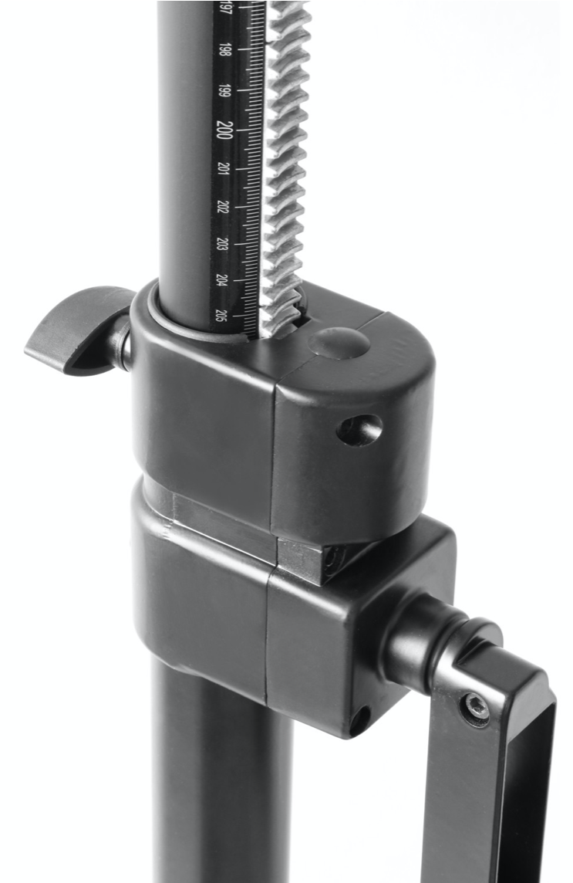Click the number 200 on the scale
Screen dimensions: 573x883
point(224,129)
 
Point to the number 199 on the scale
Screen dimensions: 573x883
point(224,90)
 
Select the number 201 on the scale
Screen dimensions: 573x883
point(224,168)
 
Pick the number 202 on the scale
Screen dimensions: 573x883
point(224,206)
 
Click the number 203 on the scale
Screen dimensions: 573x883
point(222,244)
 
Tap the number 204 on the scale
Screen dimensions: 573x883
point(221,280)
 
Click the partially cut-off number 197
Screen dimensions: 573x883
point(225,9)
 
